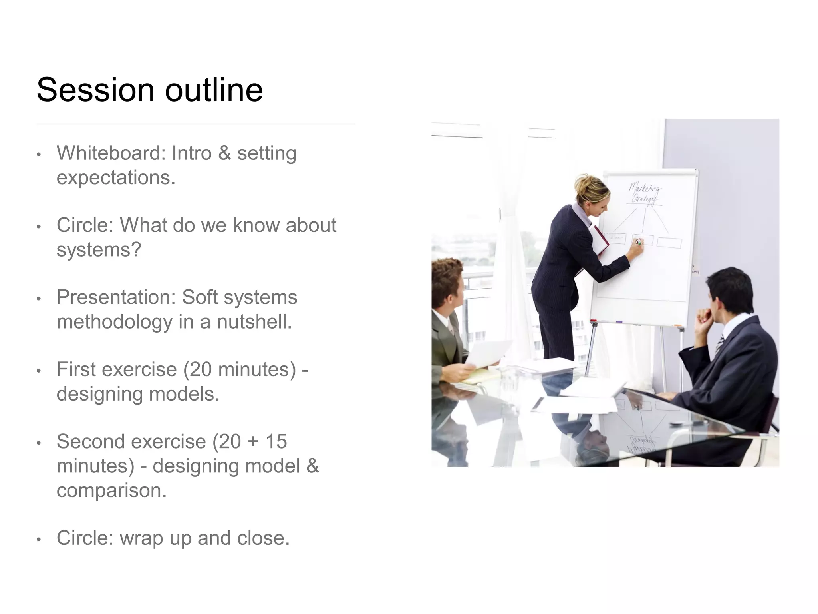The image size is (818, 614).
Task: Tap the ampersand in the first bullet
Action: coord(224,153)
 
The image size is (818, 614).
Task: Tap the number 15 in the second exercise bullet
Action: coord(276,441)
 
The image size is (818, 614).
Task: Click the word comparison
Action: coord(111,490)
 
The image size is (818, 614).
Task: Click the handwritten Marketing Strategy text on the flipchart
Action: coord(644,194)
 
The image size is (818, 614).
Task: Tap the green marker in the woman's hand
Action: coord(638,242)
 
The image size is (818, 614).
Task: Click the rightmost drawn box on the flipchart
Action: coord(669,242)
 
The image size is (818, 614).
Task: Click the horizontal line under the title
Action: coord(195,124)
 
